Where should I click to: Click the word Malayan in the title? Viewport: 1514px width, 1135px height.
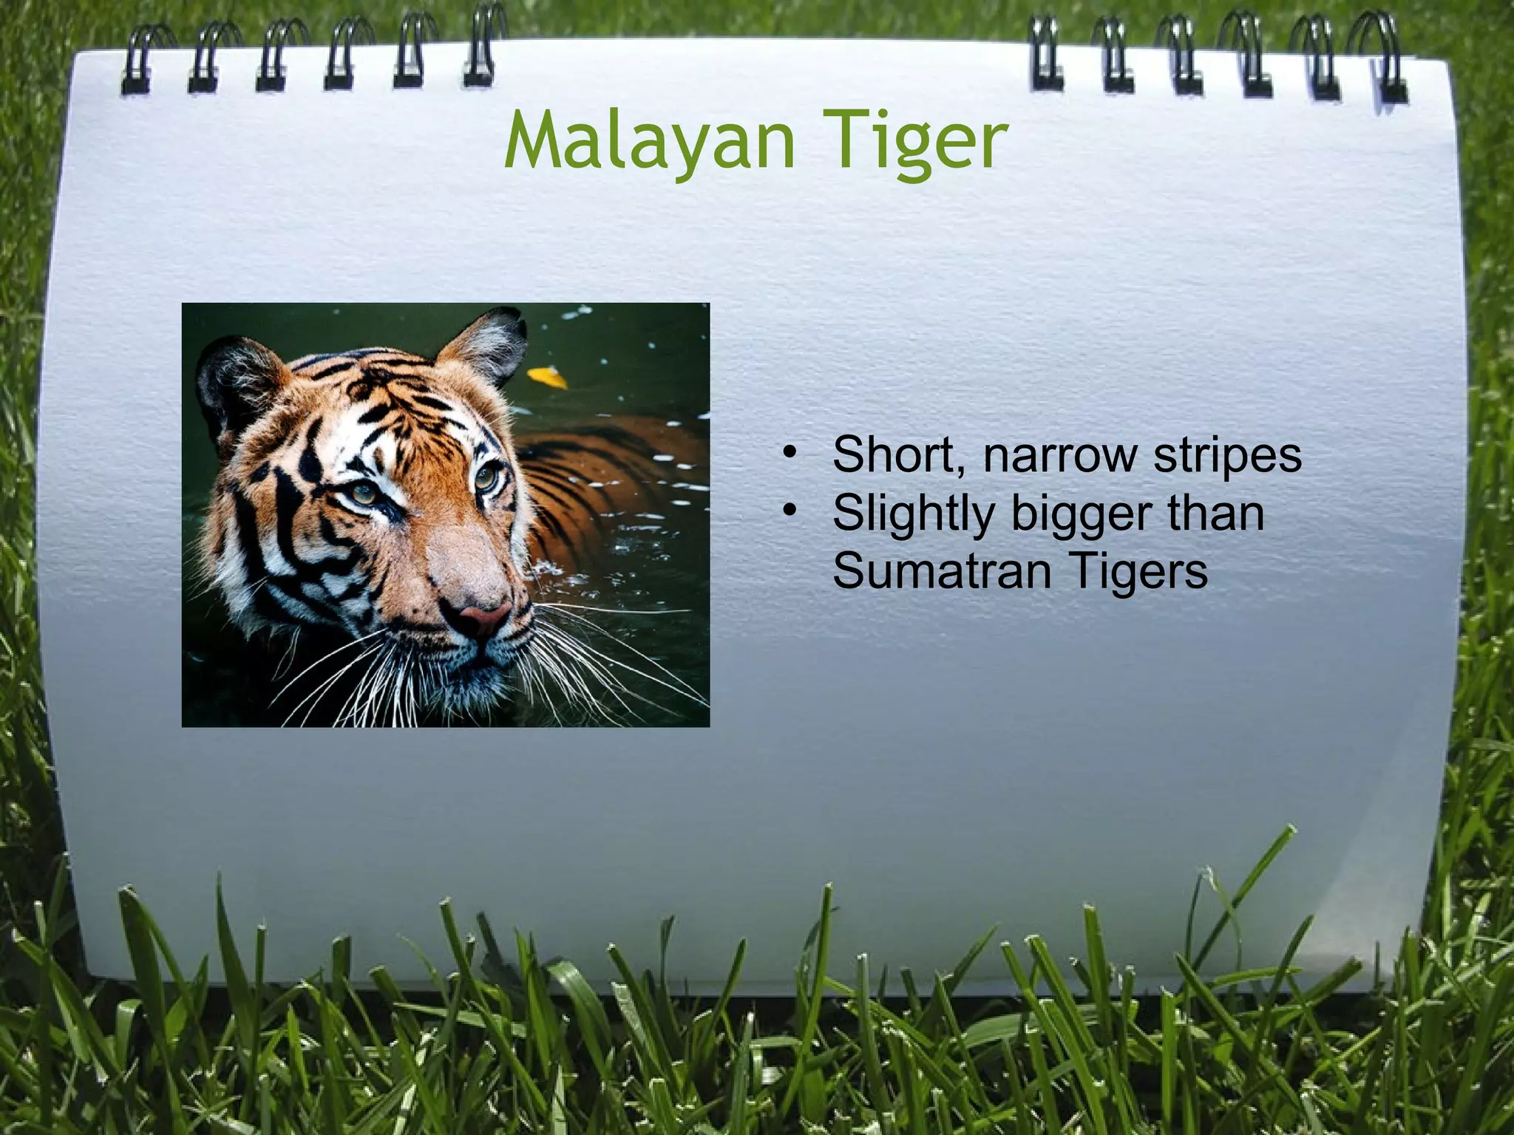pos(649,140)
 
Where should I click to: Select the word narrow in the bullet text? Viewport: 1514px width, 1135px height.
pos(1059,456)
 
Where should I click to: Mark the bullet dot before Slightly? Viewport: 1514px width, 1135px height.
pos(790,511)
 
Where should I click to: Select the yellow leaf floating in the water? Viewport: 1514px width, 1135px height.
pos(549,378)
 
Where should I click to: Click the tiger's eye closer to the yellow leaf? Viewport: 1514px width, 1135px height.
pos(486,477)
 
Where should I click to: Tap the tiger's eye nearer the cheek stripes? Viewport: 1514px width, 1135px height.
pos(364,494)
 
